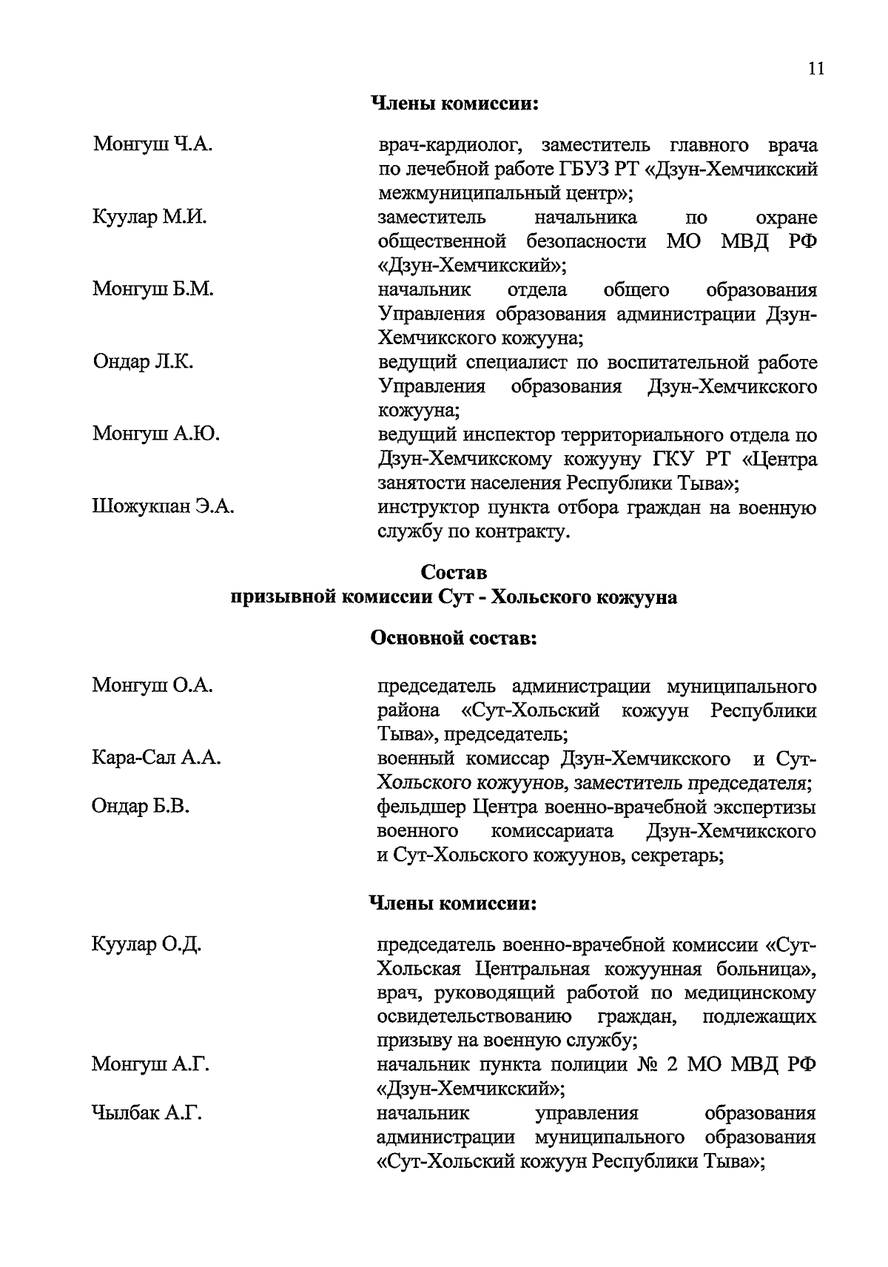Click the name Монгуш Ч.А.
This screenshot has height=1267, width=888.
[152, 144]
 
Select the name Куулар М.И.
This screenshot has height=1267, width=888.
[149, 217]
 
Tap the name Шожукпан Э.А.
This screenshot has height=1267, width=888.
[163, 507]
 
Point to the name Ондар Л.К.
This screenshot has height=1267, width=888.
[143, 362]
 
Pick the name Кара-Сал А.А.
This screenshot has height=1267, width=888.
[156, 758]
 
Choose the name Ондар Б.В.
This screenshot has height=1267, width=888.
[141, 806]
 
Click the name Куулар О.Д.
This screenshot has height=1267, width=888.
[147, 944]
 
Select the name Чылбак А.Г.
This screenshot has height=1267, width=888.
[147, 1112]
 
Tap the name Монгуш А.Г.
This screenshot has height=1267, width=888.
[150, 1064]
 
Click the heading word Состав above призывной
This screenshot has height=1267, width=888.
[454, 572]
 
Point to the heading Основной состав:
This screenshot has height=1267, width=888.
[453, 638]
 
